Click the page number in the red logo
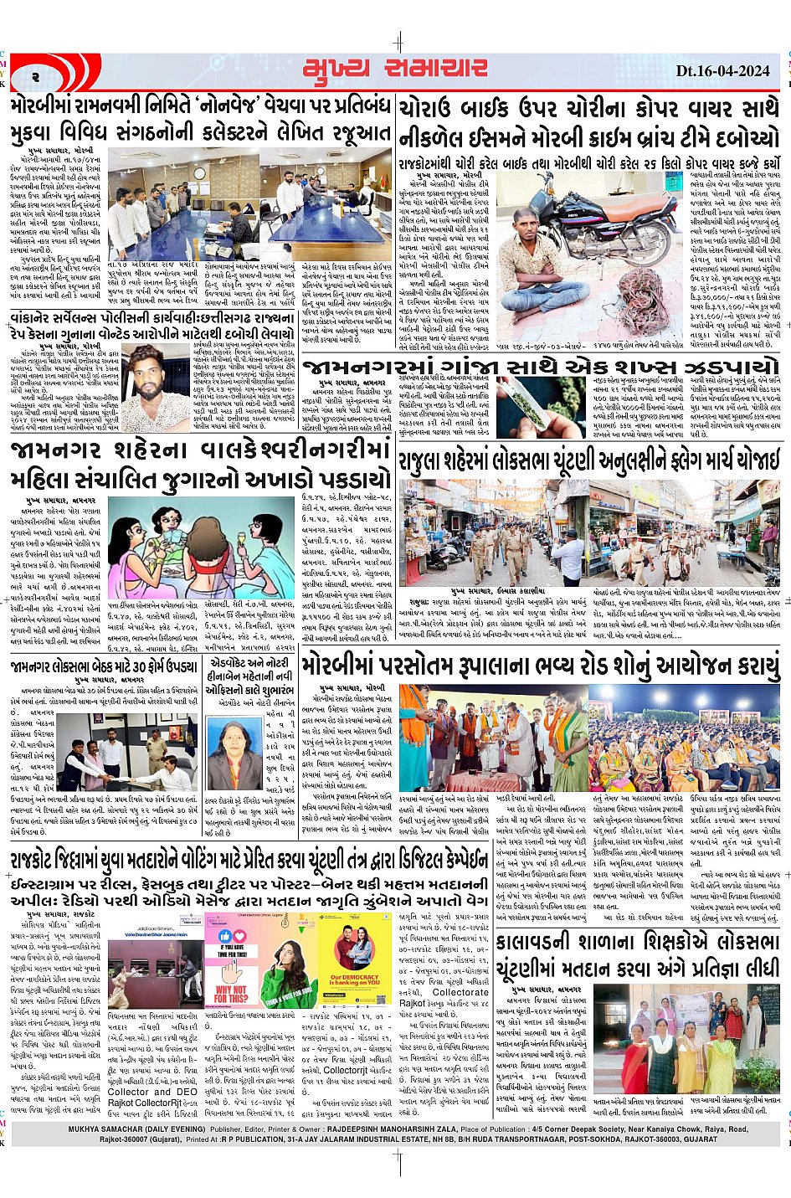point(37,76)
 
